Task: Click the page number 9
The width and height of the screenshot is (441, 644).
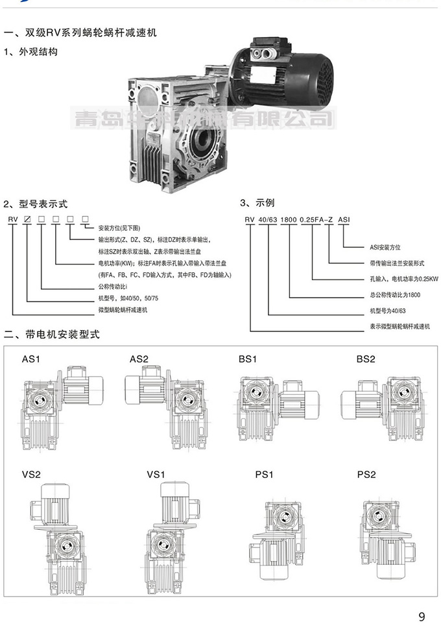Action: (x=422, y=617)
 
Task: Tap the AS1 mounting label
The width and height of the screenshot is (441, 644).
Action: (x=32, y=359)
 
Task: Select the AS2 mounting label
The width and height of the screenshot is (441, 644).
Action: (x=139, y=359)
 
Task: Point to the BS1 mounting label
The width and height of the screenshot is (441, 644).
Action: (x=248, y=359)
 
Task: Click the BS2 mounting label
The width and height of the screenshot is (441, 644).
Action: (x=366, y=359)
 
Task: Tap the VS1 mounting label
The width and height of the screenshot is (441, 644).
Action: (x=156, y=475)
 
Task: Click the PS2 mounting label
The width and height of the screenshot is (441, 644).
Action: (x=366, y=475)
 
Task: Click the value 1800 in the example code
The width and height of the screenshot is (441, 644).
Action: (x=288, y=220)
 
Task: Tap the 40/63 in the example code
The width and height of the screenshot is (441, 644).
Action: (x=267, y=220)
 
